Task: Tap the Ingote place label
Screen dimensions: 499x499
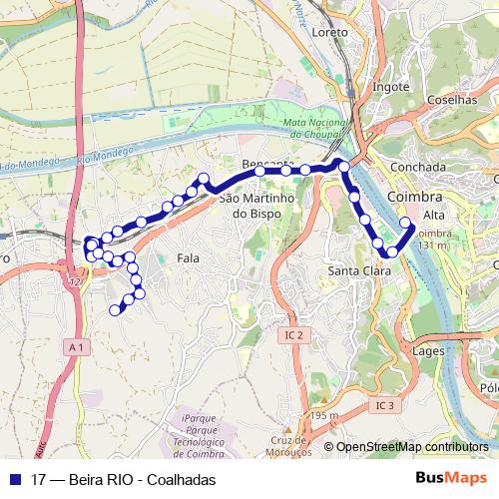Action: [390, 87]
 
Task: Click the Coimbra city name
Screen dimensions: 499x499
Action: [413, 198]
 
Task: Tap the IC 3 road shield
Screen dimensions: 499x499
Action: [386, 405]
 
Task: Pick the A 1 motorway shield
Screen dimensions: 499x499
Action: [78, 346]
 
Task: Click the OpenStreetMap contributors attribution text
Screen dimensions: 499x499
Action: [412, 446]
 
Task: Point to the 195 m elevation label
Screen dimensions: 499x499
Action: [325, 416]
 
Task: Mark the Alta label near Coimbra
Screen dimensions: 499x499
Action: [434, 216]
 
